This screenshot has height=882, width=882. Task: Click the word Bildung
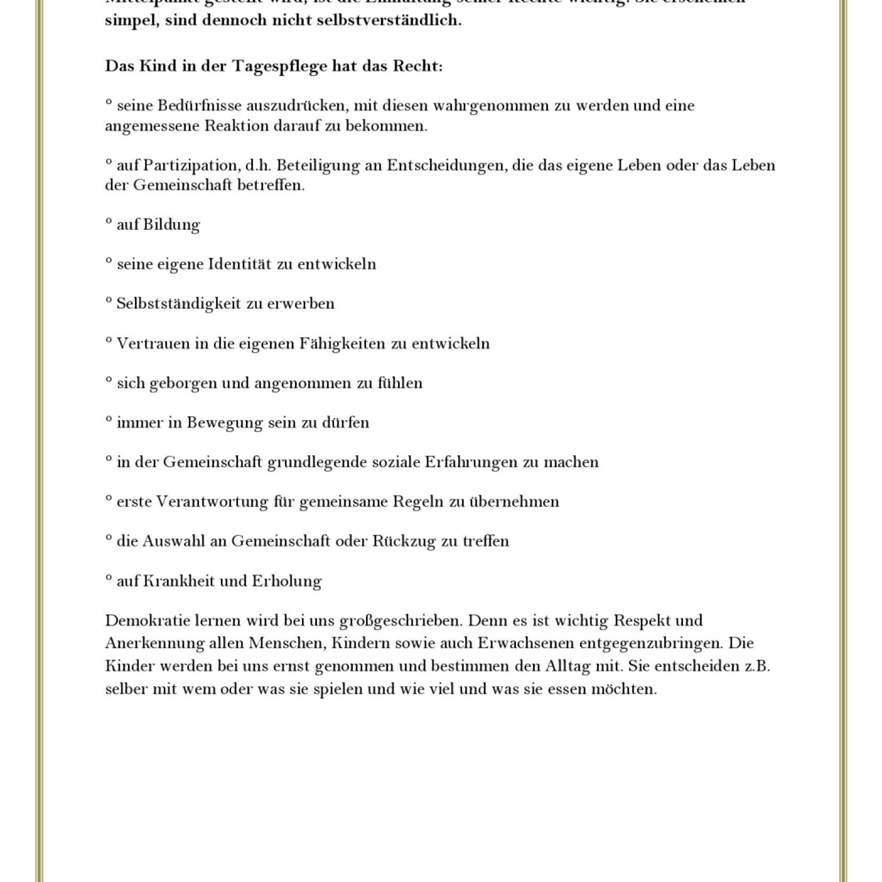pos(171,224)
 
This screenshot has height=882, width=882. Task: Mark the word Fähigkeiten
pos(342,343)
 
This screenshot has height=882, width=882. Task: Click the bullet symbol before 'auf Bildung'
pos(109,220)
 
